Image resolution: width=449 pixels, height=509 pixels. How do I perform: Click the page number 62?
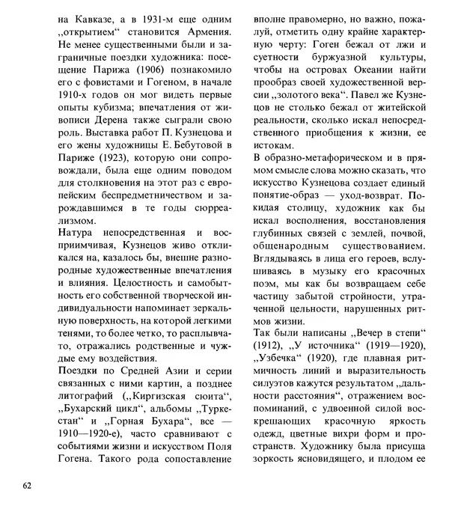27,486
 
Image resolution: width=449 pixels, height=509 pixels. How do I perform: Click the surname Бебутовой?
188,149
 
